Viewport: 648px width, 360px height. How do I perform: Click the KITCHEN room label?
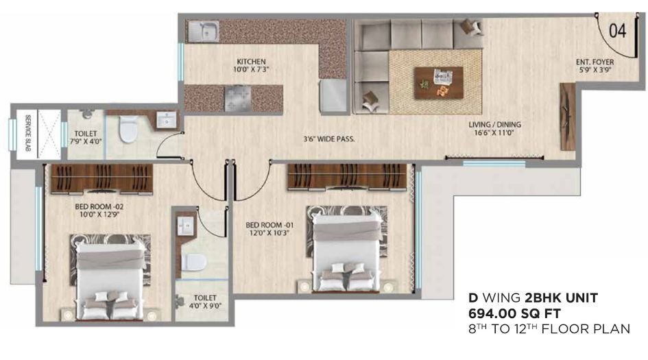click(x=250, y=62)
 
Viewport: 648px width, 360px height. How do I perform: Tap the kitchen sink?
click(x=205, y=30)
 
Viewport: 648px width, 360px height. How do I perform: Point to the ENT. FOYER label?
click(x=595, y=62)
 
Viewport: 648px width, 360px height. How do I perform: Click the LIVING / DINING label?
click(x=494, y=124)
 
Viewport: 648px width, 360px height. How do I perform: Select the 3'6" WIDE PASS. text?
click(x=329, y=139)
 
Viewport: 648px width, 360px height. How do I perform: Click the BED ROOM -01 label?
click(x=269, y=224)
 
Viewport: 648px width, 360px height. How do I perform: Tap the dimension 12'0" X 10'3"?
click(x=269, y=233)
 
